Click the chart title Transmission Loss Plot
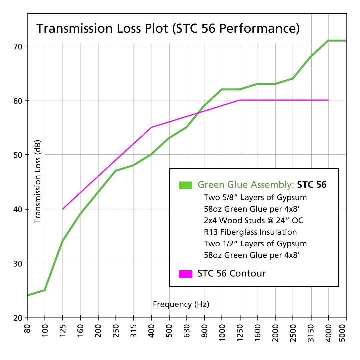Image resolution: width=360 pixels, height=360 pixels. (168, 29)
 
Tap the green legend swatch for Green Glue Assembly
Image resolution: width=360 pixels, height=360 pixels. (186, 185)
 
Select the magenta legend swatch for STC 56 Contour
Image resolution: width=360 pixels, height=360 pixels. (186, 274)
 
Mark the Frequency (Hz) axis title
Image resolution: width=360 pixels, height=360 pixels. (181, 304)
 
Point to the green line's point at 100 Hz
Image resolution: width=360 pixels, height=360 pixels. (45, 290)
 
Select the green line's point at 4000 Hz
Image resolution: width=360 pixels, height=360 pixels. (329, 41)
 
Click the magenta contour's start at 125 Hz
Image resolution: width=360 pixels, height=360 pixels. (63, 209)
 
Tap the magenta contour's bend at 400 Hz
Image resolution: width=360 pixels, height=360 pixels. (151, 127)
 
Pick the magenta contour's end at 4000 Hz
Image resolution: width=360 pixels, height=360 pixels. (329, 100)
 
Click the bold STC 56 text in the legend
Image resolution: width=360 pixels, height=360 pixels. (312, 185)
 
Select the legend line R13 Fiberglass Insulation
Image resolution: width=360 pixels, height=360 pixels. (250, 232)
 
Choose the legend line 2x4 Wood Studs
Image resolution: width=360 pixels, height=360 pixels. (254, 220)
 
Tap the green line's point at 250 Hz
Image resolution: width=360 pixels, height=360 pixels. (116, 171)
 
